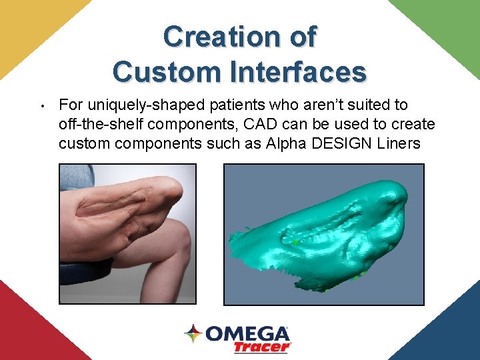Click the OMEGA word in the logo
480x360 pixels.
[247, 333]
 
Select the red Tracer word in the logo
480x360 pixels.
[261, 347]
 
